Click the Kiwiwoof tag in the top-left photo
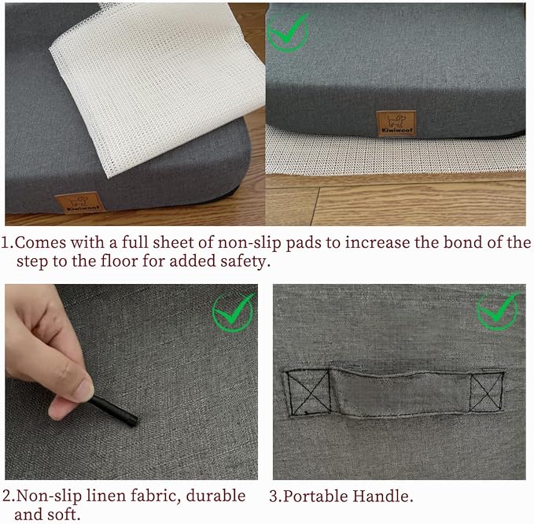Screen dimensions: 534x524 79,203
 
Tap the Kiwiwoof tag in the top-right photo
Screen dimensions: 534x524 396,124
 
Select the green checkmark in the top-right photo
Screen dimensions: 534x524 288,31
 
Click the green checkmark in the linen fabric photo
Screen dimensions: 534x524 234,312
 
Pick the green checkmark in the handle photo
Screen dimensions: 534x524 498,310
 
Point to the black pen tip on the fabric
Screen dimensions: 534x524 133,420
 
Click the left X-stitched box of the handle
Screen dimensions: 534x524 308,393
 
